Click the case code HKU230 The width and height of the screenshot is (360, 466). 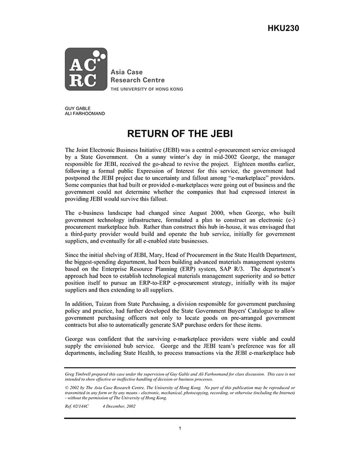283,28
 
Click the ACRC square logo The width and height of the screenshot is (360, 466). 86,69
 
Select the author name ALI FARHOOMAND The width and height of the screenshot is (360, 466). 85,114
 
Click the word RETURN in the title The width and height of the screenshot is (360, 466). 150,134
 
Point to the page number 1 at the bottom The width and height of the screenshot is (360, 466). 180,428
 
